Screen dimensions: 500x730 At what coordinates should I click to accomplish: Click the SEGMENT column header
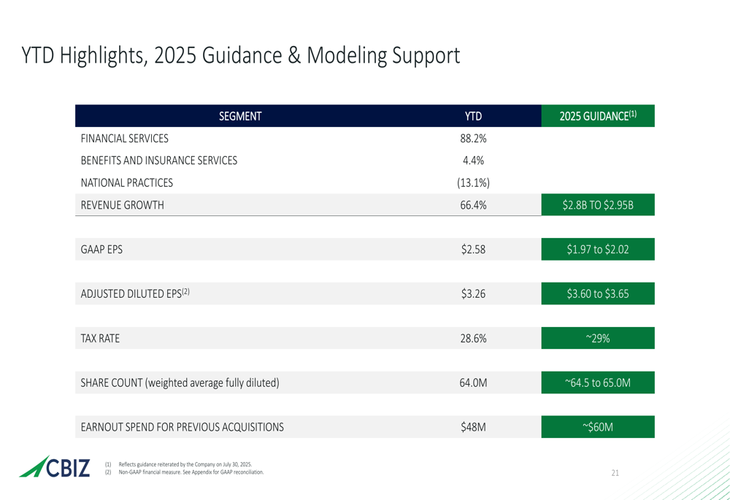[240, 116]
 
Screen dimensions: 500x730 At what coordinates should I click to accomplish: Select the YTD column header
[473, 116]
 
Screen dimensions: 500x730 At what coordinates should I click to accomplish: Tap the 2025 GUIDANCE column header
[598, 116]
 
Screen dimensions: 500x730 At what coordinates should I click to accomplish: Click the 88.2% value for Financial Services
[473, 139]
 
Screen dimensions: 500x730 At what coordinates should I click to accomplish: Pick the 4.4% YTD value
[473, 161]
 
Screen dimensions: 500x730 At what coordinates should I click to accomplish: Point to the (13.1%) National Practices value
[473, 182]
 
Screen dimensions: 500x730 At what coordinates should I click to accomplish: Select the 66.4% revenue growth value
[473, 205]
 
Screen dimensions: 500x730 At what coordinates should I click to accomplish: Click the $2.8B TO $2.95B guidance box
[598, 205]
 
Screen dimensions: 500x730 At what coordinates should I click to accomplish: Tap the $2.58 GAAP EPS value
[473, 250]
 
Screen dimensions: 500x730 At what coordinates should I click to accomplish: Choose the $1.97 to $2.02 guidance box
[598, 250]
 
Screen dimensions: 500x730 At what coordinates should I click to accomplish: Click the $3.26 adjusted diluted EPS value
[473, 294]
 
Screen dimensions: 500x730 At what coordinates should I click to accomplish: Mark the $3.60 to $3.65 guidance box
[598, 294]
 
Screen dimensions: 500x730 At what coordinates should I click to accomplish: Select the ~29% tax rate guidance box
[598, 339]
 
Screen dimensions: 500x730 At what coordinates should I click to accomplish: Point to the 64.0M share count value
[473, 382]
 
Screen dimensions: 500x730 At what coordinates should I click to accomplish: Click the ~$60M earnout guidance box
[598, 427]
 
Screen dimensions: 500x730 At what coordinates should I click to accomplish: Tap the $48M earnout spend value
[473, 427]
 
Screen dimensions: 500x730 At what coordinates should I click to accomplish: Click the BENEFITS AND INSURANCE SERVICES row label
[158, 161]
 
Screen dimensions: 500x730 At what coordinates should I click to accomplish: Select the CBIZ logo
[55, 467]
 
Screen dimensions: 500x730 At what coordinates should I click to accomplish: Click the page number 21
[615, 474]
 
